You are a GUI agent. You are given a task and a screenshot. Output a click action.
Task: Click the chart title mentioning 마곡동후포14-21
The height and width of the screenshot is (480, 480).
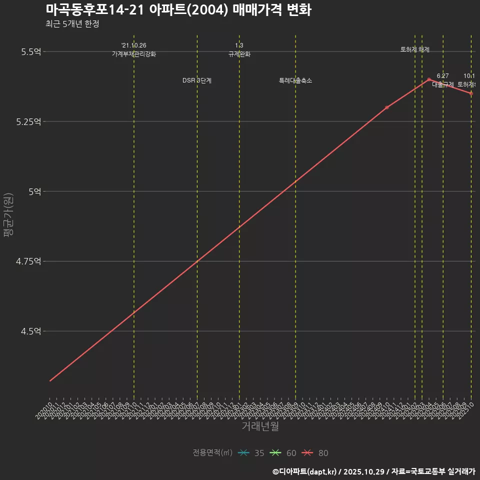(178, 9)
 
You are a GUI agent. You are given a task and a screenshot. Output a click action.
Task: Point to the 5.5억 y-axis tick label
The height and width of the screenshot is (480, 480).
(30, 51)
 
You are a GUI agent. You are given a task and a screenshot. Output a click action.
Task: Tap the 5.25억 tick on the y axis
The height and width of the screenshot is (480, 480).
(28, 121)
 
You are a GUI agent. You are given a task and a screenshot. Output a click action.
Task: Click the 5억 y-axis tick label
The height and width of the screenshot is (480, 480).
(34, 191)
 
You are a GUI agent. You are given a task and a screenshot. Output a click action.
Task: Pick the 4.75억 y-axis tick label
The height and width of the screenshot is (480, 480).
(28, 261)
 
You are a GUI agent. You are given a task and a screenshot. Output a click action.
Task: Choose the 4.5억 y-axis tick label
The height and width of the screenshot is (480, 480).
(30, 331)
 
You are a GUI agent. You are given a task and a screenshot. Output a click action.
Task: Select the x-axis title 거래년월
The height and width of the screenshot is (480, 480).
(260, 426)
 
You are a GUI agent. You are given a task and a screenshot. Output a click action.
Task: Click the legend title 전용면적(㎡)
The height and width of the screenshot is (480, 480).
(212, 453)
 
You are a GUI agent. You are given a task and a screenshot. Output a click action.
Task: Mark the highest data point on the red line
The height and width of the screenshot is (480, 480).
(429, 79)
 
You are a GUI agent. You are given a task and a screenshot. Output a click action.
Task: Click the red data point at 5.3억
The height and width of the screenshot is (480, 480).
(387, 107)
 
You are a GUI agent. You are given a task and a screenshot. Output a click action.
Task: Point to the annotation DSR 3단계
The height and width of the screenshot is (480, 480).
(197, 80)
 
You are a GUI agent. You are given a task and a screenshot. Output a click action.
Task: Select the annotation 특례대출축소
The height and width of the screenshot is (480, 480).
(295, 80)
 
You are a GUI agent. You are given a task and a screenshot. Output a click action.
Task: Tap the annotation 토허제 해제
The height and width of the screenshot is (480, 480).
(415, 49)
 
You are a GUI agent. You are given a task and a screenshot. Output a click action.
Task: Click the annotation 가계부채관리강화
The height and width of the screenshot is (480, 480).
(134, 54)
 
